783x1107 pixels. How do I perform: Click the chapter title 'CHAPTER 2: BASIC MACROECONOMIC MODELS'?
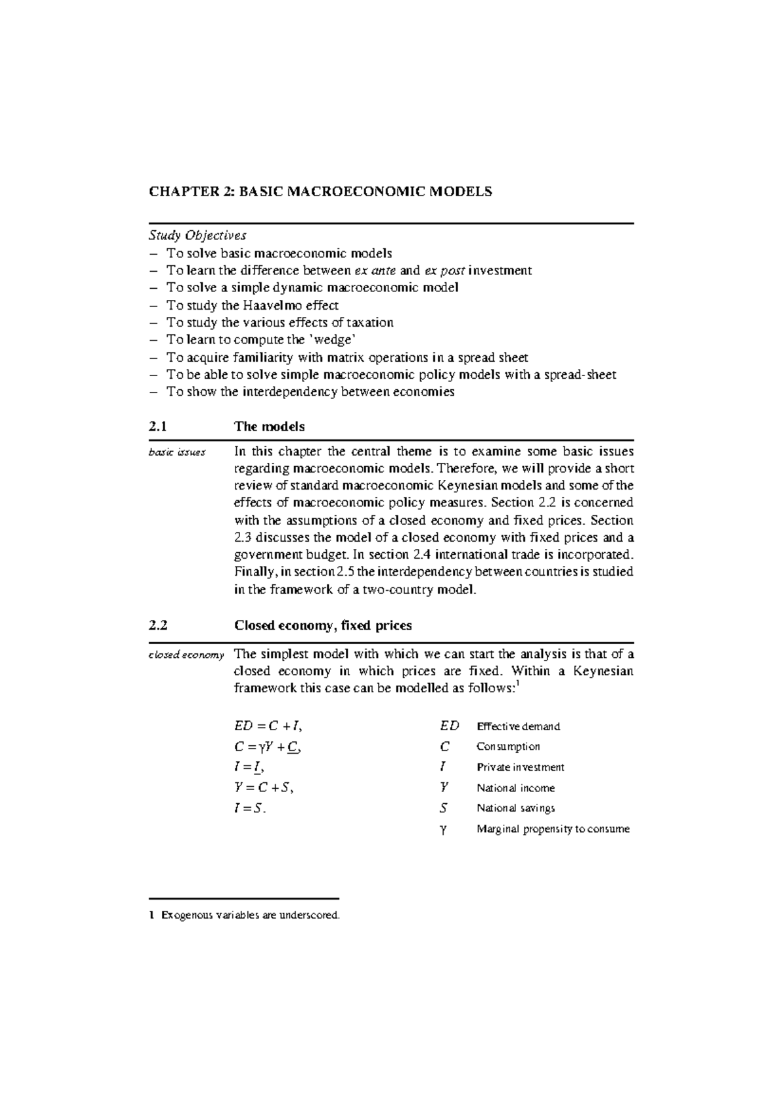pyautogui.click(x=320, y=192)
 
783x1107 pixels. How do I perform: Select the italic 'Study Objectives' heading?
pyautogui.click(x=198, y=235)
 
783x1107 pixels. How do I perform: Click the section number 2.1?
pyautogui.click(x=158, y=426)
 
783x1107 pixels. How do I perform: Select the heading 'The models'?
pyautogui.click(x=269, y=426)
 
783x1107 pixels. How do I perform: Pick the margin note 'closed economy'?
pyautogui.click(x=187, y=655)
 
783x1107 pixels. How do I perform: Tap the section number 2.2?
pyautogui.click(x=158, y=625)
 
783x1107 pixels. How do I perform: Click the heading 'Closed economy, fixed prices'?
pyautogui.click(x=322, y=625)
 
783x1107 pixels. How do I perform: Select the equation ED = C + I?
pyautogui.click(x=268, y=726)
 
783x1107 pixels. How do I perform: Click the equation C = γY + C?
pyautogui.click(x=268, y=747)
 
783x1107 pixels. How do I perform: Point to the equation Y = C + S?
pyautogui.click(x=264, y=788)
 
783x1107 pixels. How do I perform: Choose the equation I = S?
pyautogui.click(x=251, y=808)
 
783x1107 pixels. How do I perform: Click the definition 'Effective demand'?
pyautogui.click(x=518, y=726)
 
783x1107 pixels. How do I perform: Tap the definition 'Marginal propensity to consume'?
pyautogui.click(x=553, y=829)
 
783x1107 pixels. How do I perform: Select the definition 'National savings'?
pyautogui.click(x=515, y=808)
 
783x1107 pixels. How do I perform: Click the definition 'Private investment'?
pyautogui.click(x=520, y=767)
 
